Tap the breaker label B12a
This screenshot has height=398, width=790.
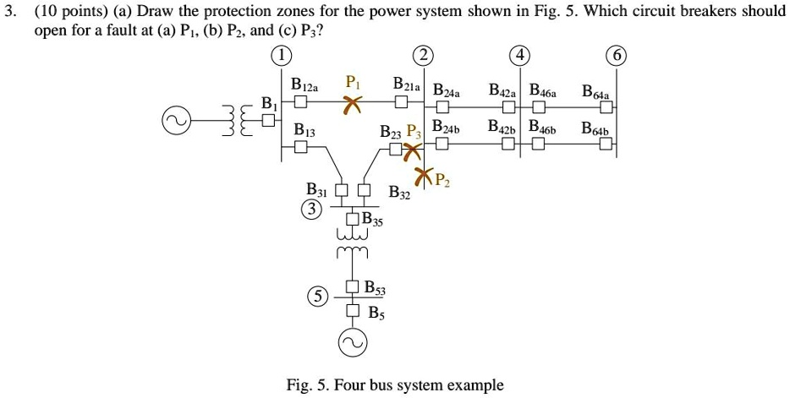click(305, 85)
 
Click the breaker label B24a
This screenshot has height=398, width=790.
click(447, 91)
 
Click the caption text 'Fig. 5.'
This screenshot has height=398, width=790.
click(306, 385)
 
